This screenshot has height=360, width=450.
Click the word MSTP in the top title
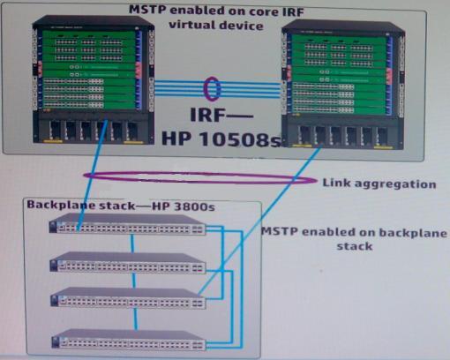tap(148, 9)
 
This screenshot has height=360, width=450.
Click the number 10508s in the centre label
tap(240, 139)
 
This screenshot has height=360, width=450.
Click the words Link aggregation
tap(379, 184)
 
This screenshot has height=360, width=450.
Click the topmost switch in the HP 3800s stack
tap(127, 224)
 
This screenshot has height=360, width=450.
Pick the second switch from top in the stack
tap(128, 262)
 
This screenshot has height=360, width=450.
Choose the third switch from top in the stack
tap(128, 297)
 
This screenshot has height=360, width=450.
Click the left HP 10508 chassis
tap(94, 80)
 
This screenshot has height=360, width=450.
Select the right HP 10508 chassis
tap(343, 84)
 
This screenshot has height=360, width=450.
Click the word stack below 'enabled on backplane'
tap(355, 246)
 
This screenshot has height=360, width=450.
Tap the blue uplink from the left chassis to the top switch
tap(92, 175)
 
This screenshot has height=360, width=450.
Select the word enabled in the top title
tap(198, 11)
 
